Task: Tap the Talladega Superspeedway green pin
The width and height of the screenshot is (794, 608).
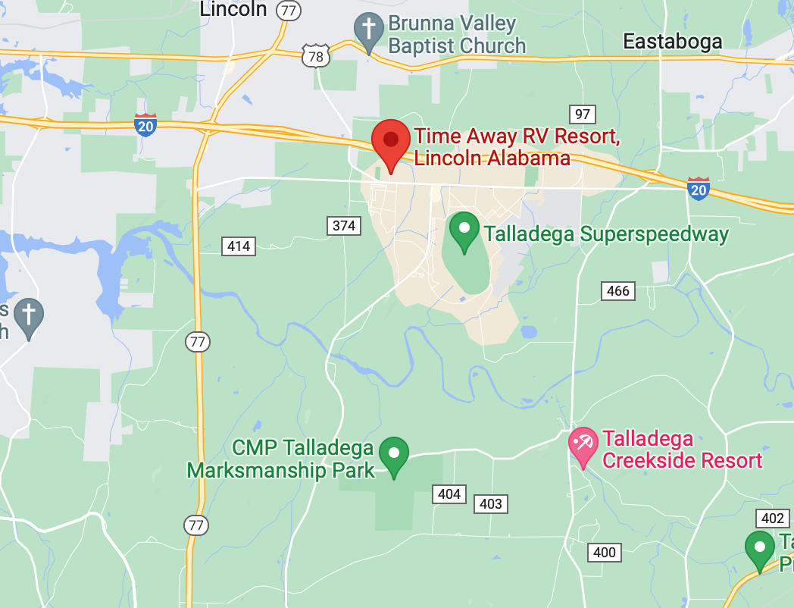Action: (464, 230)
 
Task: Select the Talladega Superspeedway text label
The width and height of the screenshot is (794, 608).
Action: (606, 234)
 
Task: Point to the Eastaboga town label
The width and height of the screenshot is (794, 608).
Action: (672, 42)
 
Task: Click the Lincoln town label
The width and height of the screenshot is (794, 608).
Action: (233, 9)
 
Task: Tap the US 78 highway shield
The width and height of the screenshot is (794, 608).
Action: (314, 56)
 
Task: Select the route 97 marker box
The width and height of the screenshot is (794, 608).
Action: (582, 114)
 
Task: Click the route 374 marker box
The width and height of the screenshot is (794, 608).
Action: (343, 225)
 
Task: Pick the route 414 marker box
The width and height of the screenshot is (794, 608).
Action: (238, 246)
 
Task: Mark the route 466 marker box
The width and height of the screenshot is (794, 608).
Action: (618, 291)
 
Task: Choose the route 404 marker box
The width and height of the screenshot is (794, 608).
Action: (449, 494)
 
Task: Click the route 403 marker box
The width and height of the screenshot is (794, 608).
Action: (491, 503)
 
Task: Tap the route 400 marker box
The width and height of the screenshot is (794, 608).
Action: (604, 553)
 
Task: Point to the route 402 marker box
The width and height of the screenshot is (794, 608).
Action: (772, 519)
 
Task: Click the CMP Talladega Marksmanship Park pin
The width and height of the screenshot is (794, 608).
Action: (393, 455)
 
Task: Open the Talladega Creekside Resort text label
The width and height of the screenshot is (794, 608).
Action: (681, 450)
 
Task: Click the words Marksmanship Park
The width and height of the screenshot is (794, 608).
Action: (281, 470)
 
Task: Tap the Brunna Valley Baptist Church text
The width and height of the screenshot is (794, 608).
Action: (457, 34)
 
